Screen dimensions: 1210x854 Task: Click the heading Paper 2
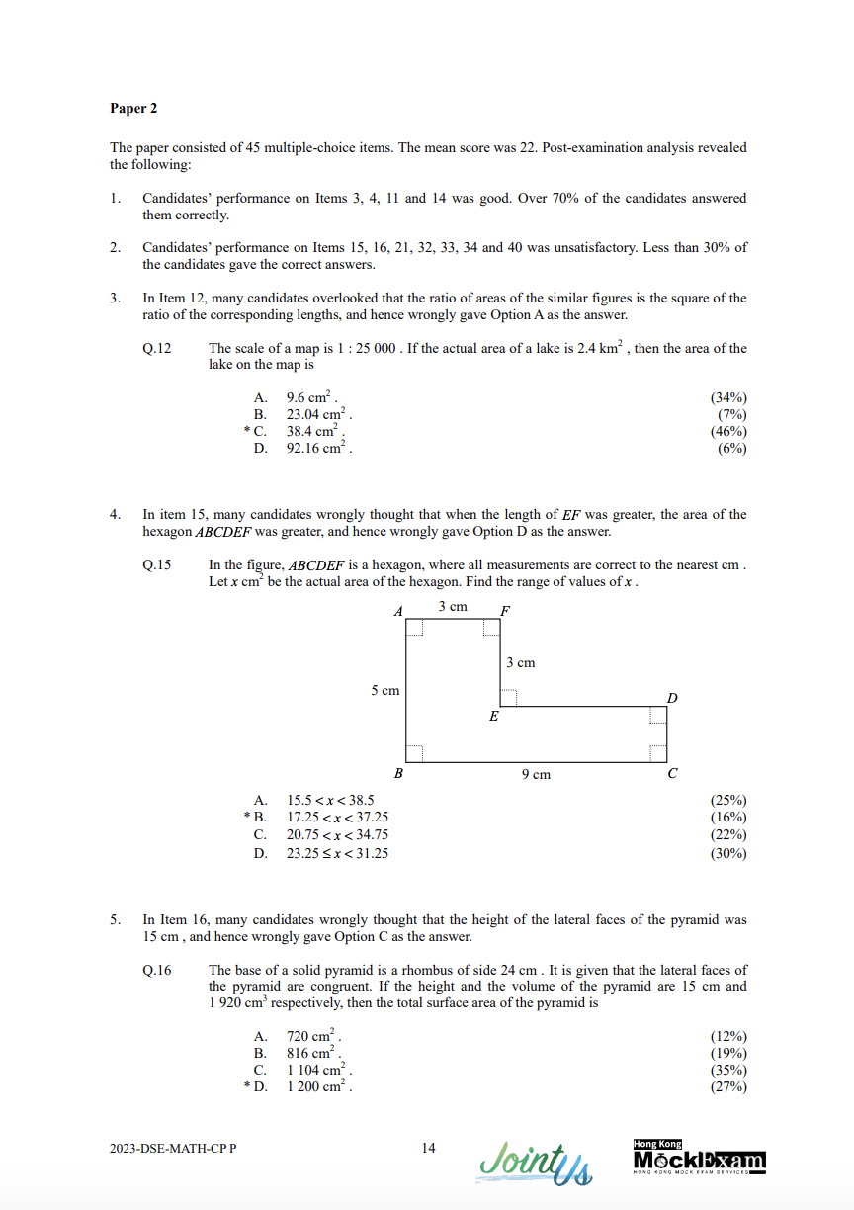(x=133, y=108)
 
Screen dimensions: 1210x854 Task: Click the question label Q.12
(x=157, y=348)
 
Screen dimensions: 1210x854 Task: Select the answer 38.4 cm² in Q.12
(x=315, y=431)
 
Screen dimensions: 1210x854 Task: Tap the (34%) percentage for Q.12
(x=728, y=397)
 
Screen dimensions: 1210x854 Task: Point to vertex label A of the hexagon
(x=398, y=612)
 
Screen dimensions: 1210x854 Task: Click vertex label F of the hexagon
(x=505, y=611)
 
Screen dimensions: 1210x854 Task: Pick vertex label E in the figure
(x=493, y=717)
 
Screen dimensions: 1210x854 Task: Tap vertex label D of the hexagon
(x=672, y=698)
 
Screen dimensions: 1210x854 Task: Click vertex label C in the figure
(x=672, y=774)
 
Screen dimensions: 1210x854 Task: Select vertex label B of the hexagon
(x=398, y=774)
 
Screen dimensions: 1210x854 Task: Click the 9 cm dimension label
(x=536, y=774)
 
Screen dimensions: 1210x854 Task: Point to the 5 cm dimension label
(x=384, y=690)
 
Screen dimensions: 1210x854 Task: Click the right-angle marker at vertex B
(x=415, y=753)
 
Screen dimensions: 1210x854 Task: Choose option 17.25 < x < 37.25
(x=337, y=817)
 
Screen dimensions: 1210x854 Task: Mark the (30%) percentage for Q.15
(x=728, y=853)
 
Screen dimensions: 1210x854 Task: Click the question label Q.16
(x=157, y=970)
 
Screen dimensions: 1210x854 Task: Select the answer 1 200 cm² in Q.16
(x=319, y=1087)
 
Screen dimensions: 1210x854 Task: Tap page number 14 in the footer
(x=428, y=1148)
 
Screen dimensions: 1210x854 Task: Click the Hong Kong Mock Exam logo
(x=699, y=1158)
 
